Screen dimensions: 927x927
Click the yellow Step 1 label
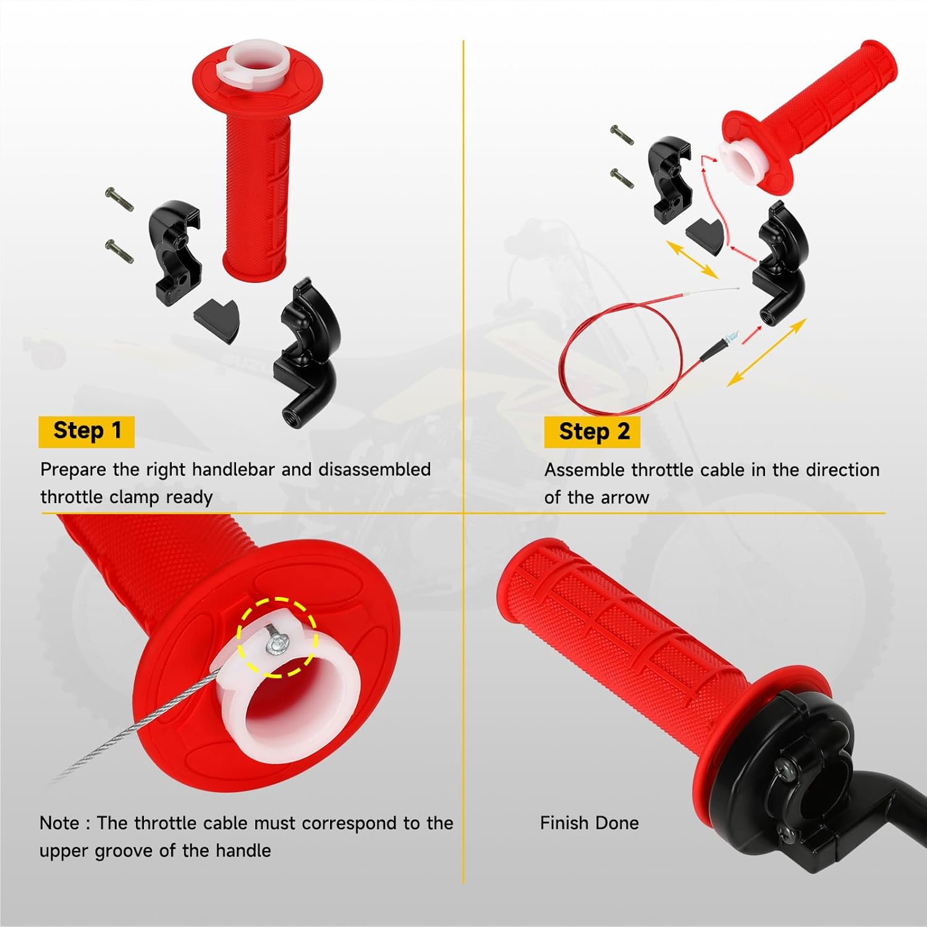click(87, 431)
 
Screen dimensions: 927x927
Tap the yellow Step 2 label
click(592, 432)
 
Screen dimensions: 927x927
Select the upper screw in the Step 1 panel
click(119, 200)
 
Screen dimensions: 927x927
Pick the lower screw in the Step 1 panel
click(119, 252)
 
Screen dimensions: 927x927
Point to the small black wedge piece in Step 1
click(217, 317)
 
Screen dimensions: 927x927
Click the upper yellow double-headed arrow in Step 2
click(692, 260)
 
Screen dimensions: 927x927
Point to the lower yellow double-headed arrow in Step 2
click(766, 353)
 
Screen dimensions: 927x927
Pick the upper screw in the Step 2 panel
click(622, 135)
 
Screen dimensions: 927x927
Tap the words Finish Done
click(589, 823)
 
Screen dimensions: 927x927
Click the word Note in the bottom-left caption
click(59, 823)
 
